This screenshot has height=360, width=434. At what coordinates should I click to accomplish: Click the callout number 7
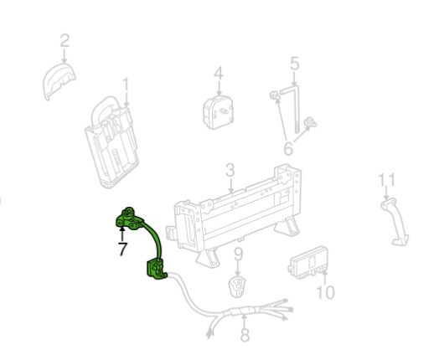[122, 249]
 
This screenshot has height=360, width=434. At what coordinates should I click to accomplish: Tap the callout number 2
[65, 40]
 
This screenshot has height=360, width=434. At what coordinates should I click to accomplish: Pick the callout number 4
[219, 73]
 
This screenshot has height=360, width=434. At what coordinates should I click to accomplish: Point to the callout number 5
[295, 64]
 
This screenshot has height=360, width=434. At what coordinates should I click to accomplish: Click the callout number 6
[288, 148]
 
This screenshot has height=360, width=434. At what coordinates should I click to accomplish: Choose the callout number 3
[230, 170]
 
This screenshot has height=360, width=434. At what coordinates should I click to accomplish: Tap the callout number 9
[238, 255]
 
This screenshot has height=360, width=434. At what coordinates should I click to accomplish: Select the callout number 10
[326, 292]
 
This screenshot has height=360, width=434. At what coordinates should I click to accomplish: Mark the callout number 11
[387, 180]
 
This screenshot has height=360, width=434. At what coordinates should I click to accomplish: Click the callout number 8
[245, 335]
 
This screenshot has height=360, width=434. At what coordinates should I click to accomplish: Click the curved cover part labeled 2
[59, 81]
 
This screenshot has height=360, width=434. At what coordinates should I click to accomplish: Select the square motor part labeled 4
[218, 112]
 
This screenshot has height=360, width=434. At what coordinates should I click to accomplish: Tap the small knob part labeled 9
[237, 286]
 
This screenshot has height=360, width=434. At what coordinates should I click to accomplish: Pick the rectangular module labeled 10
[308, 263]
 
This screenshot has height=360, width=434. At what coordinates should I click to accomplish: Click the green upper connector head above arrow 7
[129, 219]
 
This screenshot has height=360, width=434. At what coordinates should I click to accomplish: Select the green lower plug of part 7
[157, 270]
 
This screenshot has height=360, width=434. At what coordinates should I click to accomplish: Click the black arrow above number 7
[121, 234]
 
